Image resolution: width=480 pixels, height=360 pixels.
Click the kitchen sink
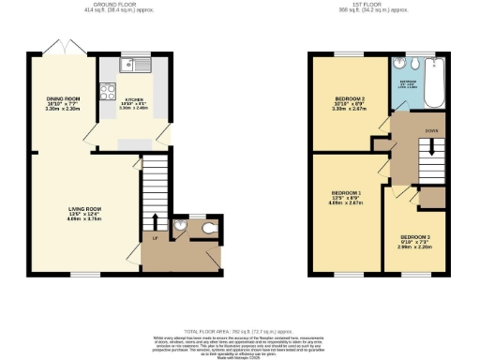138,67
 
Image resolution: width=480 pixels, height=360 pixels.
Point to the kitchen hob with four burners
109,93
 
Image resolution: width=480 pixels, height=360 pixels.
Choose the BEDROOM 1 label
348,198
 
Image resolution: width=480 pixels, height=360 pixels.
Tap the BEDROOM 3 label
414,237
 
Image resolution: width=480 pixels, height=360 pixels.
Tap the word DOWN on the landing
432,131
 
